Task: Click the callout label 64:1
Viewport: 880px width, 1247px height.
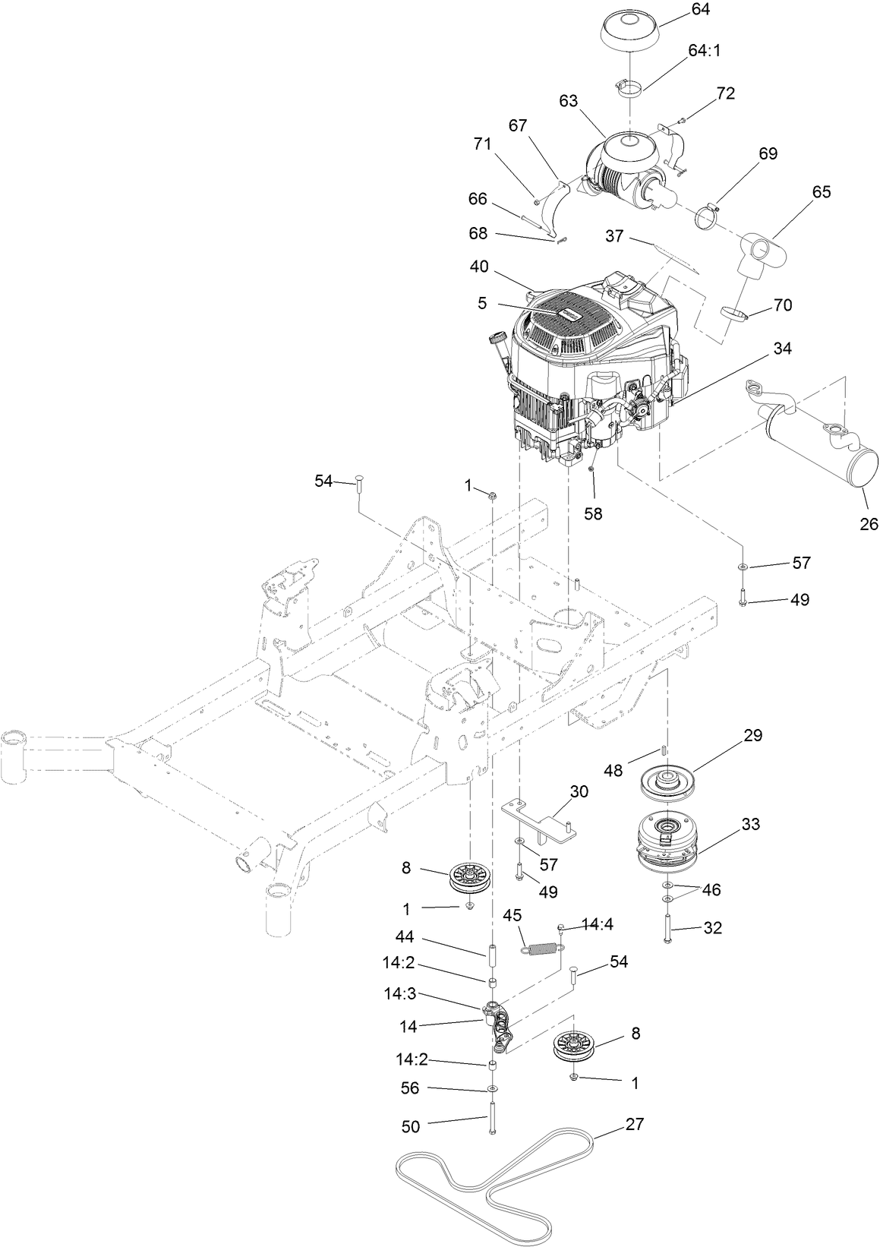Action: click(x=705, y=51)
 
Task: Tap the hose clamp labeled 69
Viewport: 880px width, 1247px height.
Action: click(x=707, y=214)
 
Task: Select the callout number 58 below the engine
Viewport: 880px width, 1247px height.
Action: click(x=592, y=513)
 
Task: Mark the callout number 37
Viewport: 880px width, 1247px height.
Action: click(x=614, y=236)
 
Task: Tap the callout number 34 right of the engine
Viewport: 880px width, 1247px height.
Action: click(x=782, y=349)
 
